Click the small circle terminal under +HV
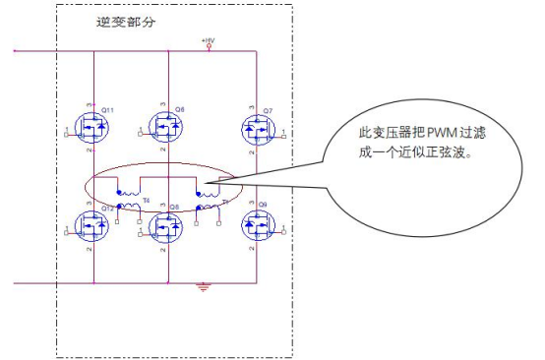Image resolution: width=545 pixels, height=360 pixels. coord(208,46)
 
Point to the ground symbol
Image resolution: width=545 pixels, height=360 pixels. coord(204,287)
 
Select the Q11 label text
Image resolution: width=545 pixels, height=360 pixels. coord(108,109)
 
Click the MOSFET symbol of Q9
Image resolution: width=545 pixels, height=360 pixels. coord(257,227)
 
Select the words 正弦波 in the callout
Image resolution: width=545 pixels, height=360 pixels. coord(467,154)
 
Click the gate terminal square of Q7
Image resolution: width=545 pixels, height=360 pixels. coord(285,134)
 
